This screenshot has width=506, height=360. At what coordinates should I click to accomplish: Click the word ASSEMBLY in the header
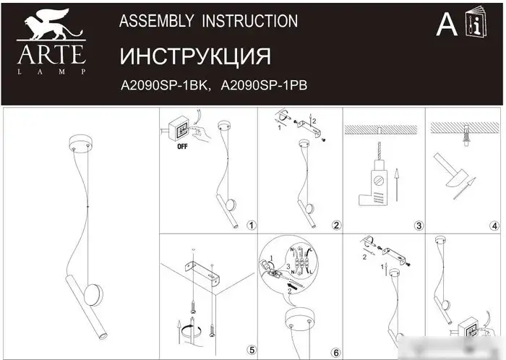click(150, 22)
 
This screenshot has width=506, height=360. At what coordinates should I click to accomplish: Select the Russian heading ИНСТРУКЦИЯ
click(194, 57)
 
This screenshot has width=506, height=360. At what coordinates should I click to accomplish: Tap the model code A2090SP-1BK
click(164, 85)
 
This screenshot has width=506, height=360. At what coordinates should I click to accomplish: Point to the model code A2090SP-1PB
click(264, 85)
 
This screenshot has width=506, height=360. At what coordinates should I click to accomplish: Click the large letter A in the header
click(447, 25)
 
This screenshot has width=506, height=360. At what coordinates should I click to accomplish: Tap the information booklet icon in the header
click(477, 25)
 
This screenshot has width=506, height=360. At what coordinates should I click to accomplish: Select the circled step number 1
click(251, 226)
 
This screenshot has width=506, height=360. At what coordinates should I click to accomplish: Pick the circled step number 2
click(335, 226)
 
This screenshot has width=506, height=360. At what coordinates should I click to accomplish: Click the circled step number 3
click(419, 226)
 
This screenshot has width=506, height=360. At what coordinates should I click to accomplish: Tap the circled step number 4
click(494, 226)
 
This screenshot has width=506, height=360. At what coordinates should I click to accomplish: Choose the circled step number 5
click(251, 350)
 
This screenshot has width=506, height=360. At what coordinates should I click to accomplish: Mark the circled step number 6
click(335, 350)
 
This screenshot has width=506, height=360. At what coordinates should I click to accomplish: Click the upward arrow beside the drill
click(396, 184)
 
